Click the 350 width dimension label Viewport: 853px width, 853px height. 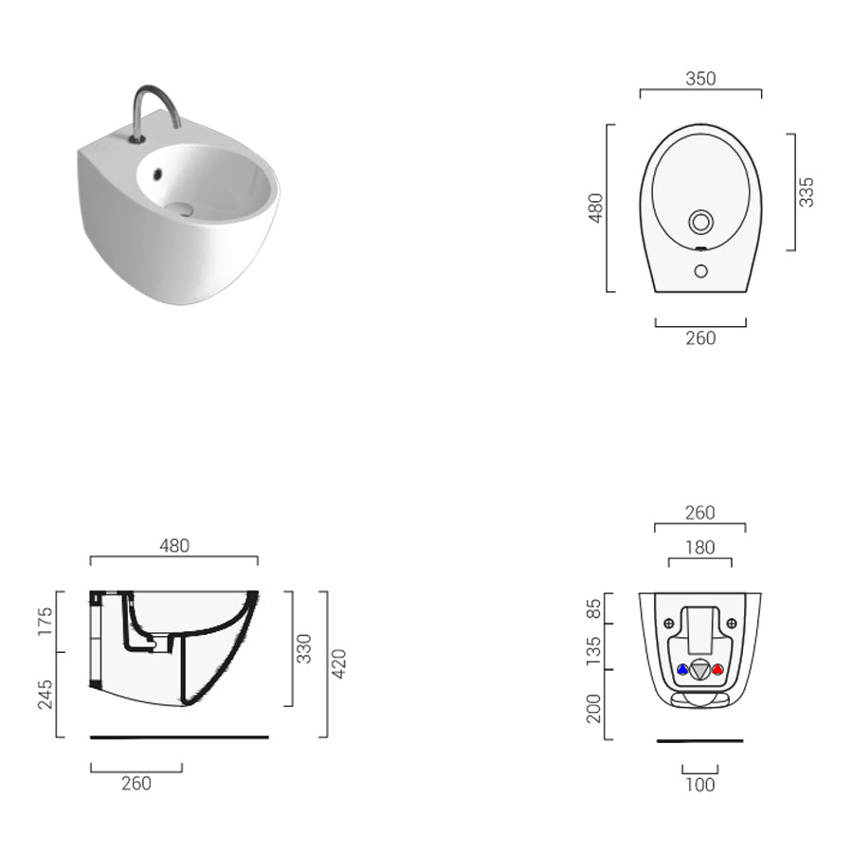(x=700, y=79)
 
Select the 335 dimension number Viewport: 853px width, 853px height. (x=807, y=191)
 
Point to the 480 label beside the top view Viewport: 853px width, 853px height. (x=595, y=208)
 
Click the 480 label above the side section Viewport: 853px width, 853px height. (x=174, y=545)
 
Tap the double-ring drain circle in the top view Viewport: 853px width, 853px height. (x=700, y=223)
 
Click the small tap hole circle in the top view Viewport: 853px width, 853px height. (x=700, y=271)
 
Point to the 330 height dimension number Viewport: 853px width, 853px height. (x=304, y=649)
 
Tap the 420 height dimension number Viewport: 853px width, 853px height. (x=338, y=663)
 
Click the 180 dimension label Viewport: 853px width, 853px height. (x=699, y=547)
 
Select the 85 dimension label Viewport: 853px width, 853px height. (x=594, y=608)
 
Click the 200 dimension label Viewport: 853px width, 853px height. (x=594, y=708)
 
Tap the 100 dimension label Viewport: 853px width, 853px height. (x=699, y=784)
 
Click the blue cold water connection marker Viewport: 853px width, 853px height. (x=682, y=669)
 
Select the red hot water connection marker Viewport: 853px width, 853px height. (x=717, y=669)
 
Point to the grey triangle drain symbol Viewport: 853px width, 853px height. (x=699, y=670)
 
